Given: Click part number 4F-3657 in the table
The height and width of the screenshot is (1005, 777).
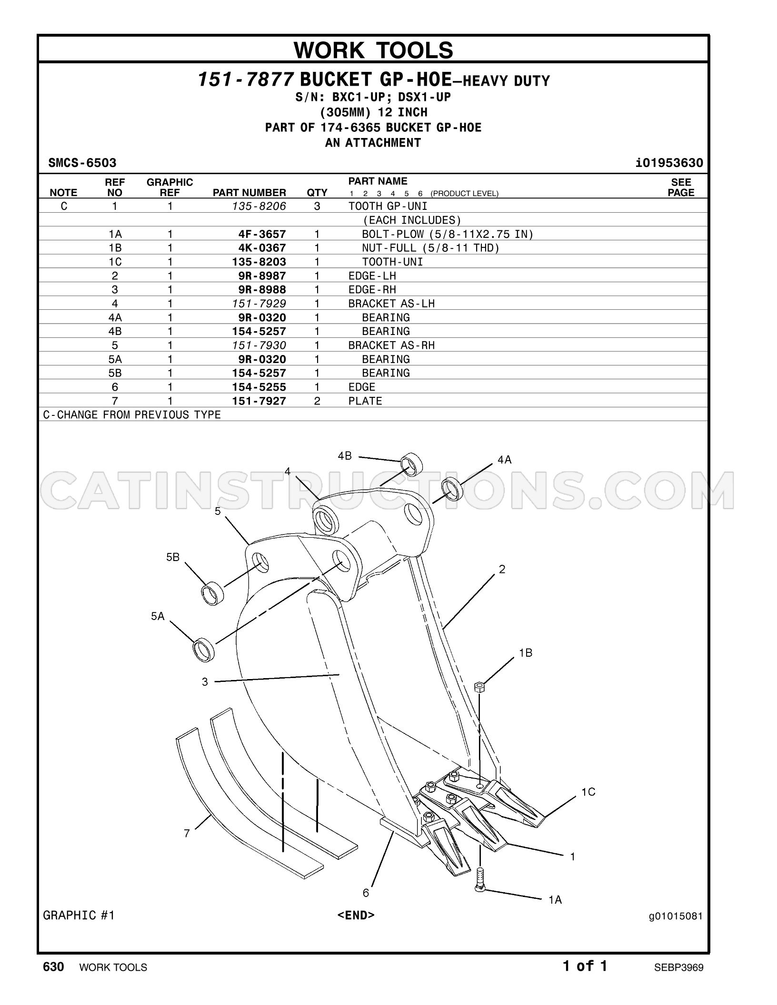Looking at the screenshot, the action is pos(262,234).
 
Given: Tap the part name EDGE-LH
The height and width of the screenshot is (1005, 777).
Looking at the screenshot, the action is pos(372,276).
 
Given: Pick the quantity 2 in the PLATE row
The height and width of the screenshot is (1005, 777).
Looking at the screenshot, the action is pos(317,401).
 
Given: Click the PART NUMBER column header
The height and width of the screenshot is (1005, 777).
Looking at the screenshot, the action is pos(249,193).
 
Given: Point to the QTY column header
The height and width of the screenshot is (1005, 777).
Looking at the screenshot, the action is pos(317,193).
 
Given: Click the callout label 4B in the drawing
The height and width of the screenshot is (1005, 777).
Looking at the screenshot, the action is pos(345,456).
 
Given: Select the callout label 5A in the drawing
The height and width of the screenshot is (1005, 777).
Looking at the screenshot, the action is pos(158,616).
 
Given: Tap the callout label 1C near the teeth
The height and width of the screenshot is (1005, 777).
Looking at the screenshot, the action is pos(588,792).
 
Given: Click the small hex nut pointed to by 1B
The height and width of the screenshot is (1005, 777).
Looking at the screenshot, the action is pos(480,687).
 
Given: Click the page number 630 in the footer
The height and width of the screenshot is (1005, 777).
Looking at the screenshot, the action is pos(53,967).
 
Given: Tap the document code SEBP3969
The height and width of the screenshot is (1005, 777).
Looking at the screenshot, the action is pos(678,967).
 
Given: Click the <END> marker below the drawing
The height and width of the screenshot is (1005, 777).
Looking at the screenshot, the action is pos(356,915).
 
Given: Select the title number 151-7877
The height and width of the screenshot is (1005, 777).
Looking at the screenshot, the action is pos(246,80).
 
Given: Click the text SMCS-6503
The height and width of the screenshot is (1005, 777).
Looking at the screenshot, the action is pos(82,163).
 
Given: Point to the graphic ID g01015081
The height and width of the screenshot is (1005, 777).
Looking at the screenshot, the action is pos(676,916).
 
